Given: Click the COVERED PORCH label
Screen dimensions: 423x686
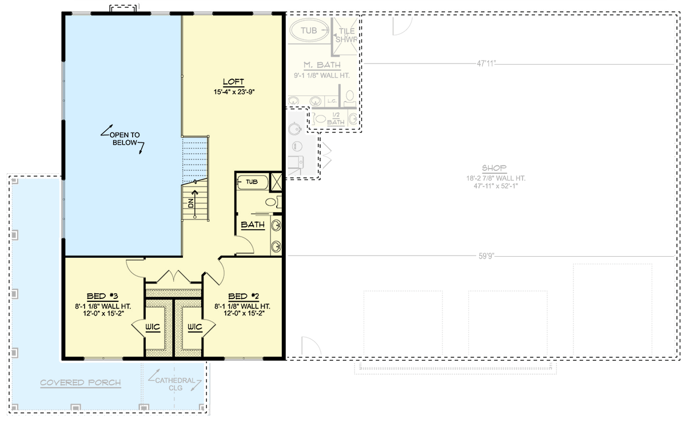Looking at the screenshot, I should coord(81,382).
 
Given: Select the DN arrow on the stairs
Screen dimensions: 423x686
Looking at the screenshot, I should coord(195,203).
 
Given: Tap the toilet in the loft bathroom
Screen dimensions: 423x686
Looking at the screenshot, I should coord(272,201).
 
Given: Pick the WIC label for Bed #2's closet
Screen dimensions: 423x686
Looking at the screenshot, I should coord(195,328).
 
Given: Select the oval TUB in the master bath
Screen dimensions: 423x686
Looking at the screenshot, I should coord(309,29).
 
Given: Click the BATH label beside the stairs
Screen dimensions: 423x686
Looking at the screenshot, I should coord(253,225).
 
